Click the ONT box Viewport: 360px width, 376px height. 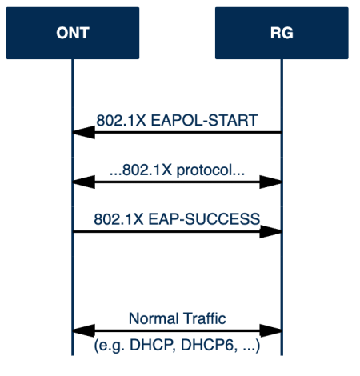coord(73,33)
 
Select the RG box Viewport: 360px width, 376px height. coord(282,33)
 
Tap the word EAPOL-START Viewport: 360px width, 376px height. coord(204,120)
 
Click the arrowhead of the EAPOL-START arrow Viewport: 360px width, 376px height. coord(84,132)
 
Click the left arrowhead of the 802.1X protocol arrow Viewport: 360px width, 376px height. coord(84,182)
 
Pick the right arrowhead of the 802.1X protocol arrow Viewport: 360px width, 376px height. coord(270,182)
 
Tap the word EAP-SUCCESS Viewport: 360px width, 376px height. coord(204,219)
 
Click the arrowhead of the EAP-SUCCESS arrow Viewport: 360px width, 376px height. coord(270,231)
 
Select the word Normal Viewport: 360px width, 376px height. coord(154,318)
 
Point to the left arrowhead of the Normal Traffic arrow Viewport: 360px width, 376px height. coord(84,330)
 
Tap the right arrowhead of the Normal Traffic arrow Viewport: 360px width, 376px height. coord(270,330)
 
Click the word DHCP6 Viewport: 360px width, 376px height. coord(209,345)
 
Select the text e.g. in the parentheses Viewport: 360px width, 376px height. coord(111,346)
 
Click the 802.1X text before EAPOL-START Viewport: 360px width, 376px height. coord(121,120)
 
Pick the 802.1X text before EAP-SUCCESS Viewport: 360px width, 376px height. coord(118,219)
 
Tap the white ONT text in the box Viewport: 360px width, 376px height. coord(73,33)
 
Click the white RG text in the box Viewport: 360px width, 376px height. coord(282,33)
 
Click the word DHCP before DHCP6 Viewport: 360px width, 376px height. coord(152,345)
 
